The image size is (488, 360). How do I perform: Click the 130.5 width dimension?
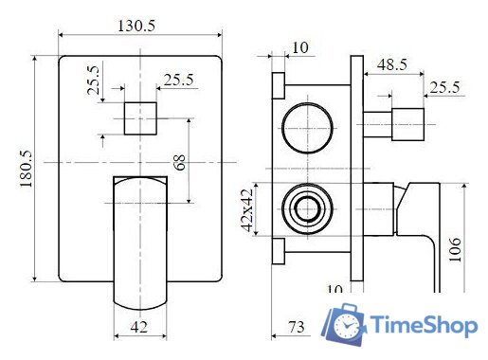(137, 26)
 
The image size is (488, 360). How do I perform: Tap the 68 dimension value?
(179, 163)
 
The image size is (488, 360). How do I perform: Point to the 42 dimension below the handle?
(139, 329)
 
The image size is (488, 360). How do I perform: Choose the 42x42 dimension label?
(246, 210)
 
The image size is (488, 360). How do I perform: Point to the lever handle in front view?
(140, 242)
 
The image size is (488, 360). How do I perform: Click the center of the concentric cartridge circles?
(307, 207)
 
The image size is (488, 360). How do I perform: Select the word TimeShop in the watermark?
(423, 327)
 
